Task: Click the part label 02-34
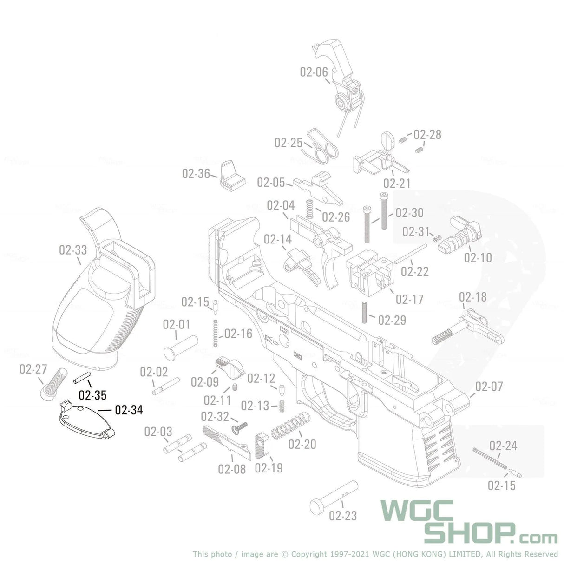click(x=129, y=410)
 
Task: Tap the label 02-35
click(x=92, y=395)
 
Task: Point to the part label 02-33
click(x=73, y=250)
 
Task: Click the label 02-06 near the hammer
click(x=314, y=72)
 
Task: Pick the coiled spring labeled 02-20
click(x=291, y=426)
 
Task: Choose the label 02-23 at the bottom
click(x=343, y=515)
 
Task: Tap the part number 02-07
click(x=489, y=386)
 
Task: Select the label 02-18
click(x=473, y=297)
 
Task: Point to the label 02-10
click(x=478, y=257)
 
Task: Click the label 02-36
click(x=196, y=173)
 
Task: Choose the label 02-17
click(x=409, y=299)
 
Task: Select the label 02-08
click(x=232, y=468)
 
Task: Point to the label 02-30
click(x=409, y=213)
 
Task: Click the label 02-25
click(x=288, y=143)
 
